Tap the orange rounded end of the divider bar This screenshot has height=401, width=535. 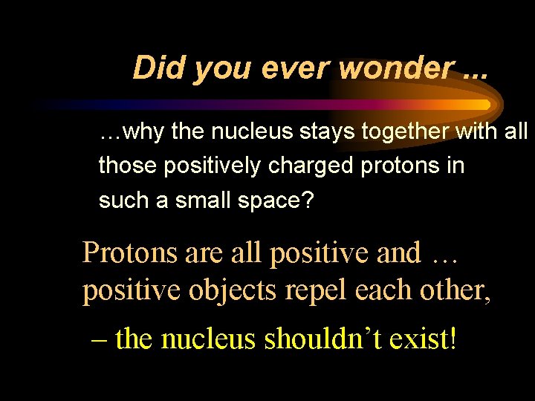point(484,105)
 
